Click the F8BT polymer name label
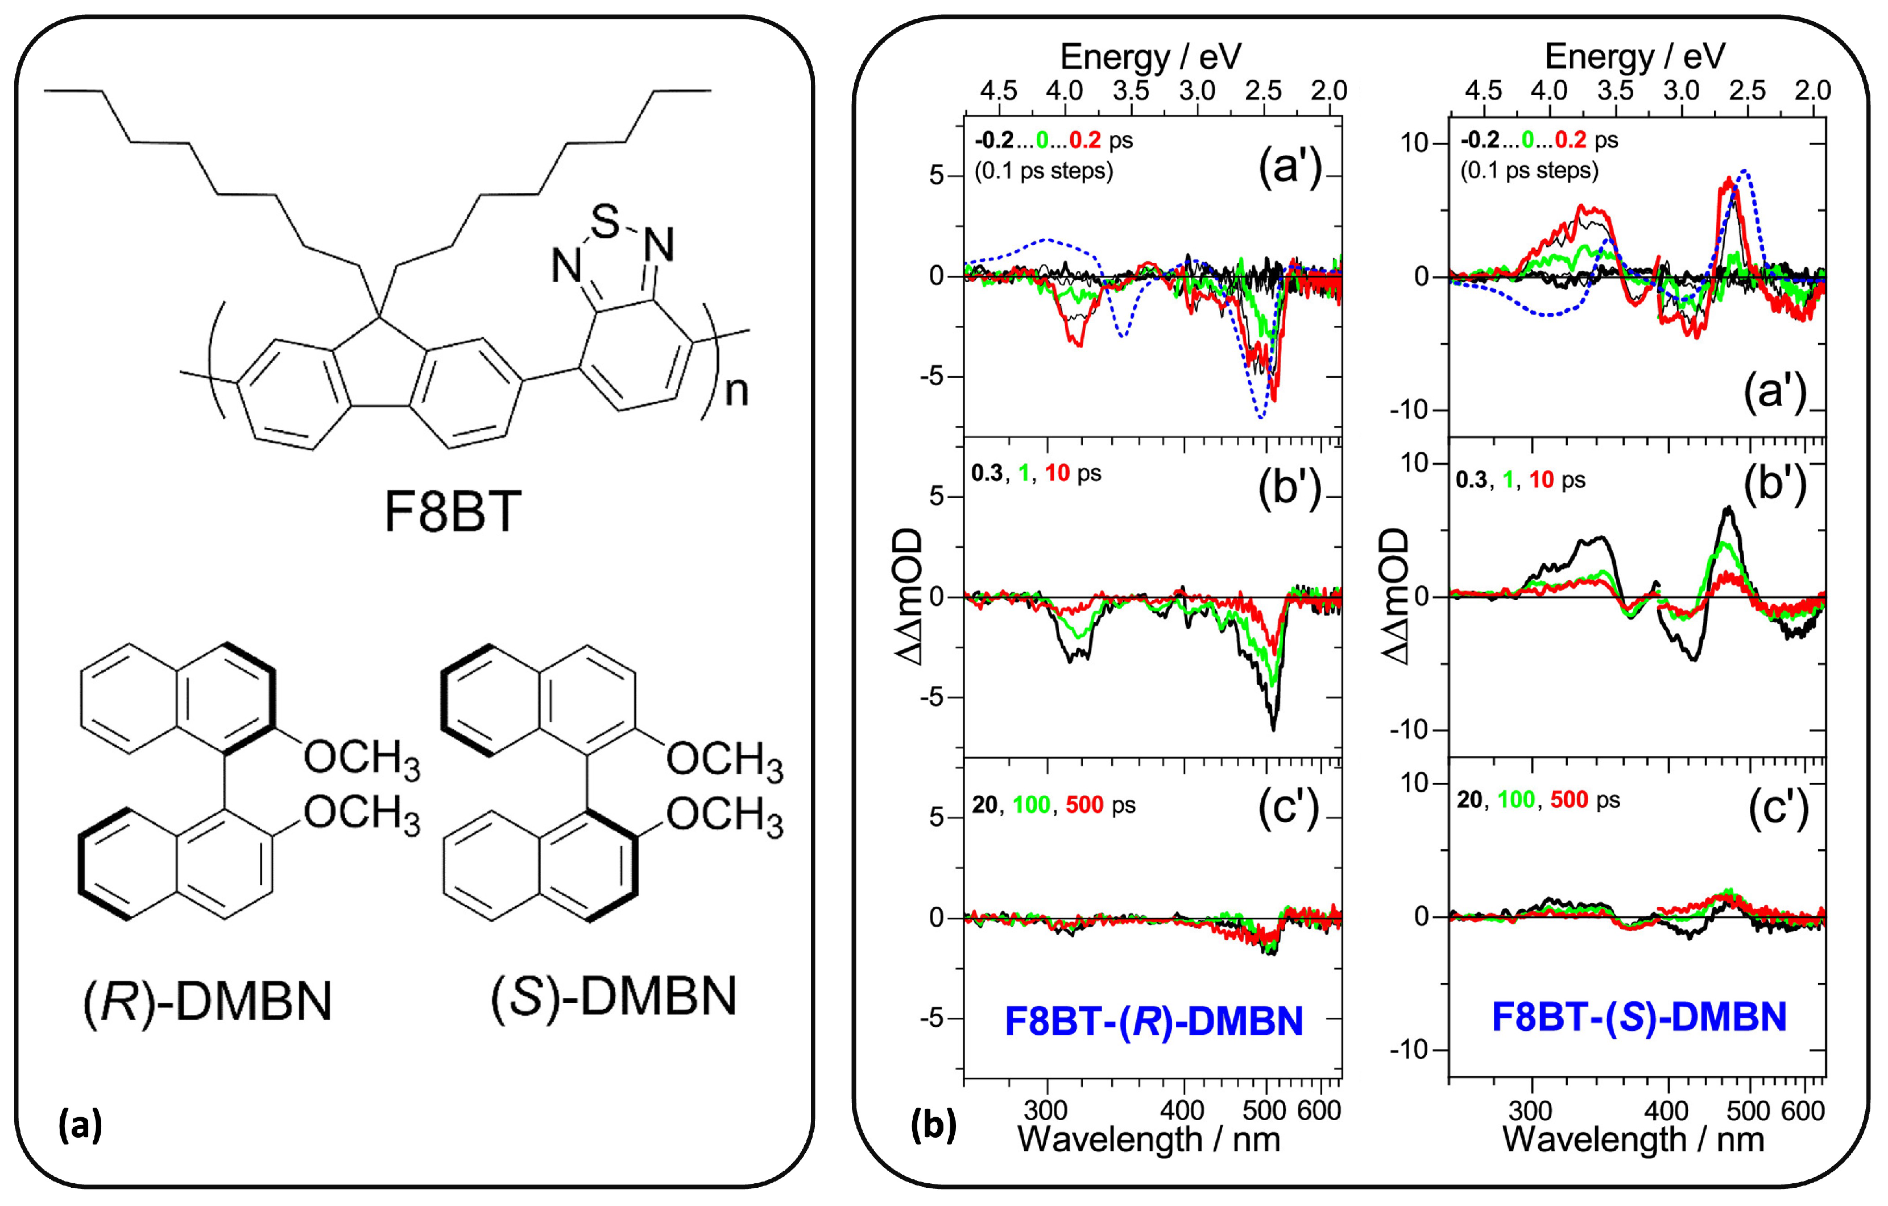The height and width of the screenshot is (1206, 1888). [x=453, y=512]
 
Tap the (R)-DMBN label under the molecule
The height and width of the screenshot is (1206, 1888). [x=208, y=1001]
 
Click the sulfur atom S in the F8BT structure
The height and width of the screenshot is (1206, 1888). [x=605, y=222]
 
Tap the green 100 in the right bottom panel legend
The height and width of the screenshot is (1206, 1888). [x=1516, y=800]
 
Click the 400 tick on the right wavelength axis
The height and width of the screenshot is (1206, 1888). [x=1666, y=1110]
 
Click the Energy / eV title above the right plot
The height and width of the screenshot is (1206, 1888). [x=1635, y=56]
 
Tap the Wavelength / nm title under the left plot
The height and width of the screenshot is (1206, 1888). [x=1149, y=1139]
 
